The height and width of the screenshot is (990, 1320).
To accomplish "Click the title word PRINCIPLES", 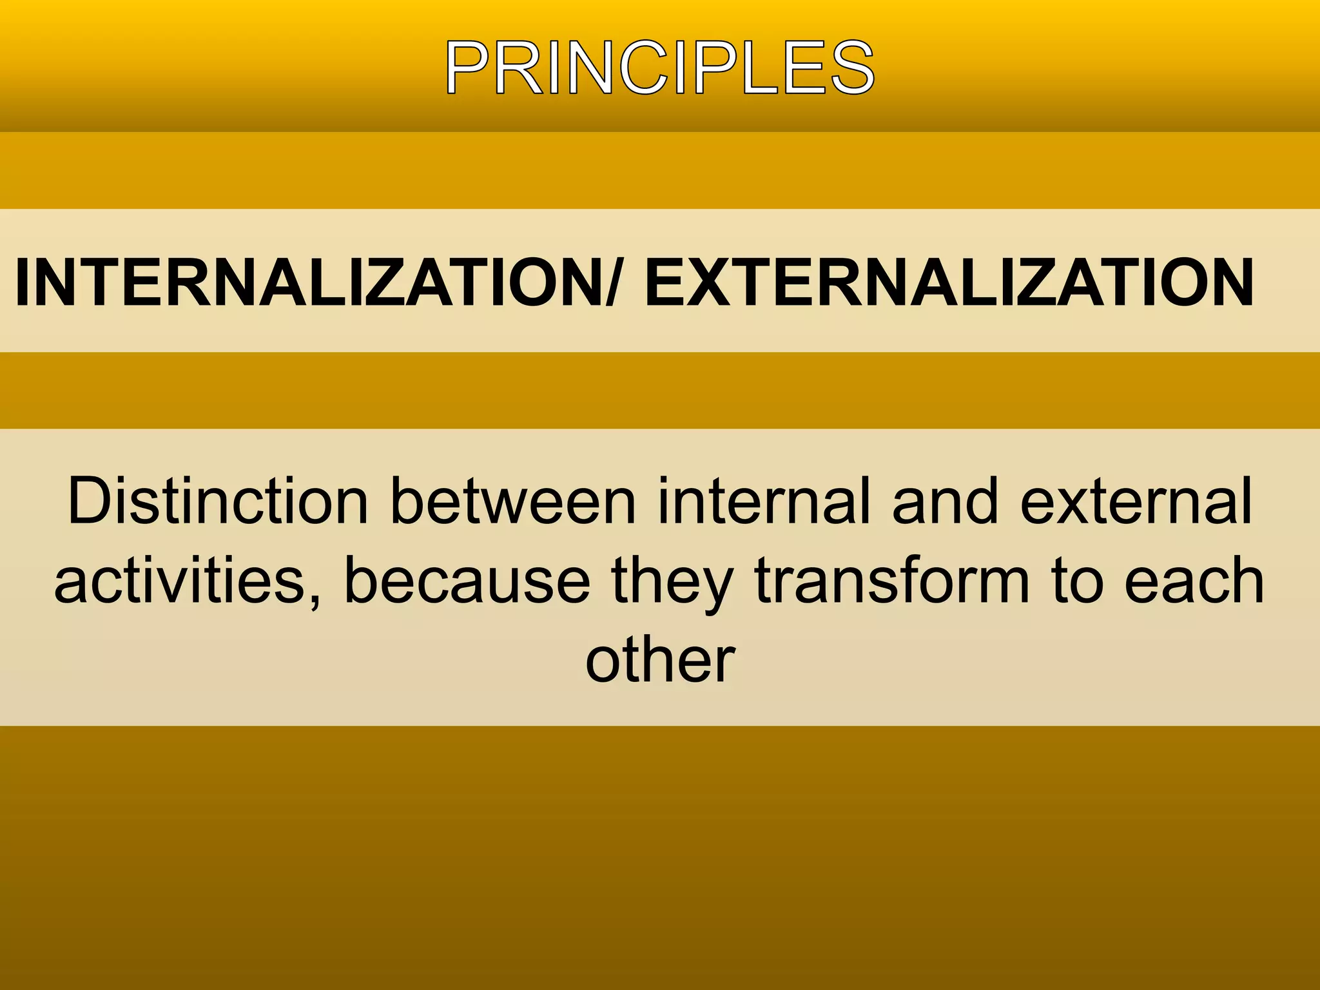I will pyautogui.click(x=659, y=68).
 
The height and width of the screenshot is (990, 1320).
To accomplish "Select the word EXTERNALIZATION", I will pyautogui.click(x=949, y=282).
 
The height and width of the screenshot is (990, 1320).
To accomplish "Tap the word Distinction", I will pyautogui.click(x=218, y=501).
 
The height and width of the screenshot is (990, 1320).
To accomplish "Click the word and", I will pyautogui.click(x=945, y=501).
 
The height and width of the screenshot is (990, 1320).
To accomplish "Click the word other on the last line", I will pyautogui.click(x=659, y=661).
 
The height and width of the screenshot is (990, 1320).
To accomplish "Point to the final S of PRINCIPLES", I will pyautogui.click(x=852, y=68).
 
